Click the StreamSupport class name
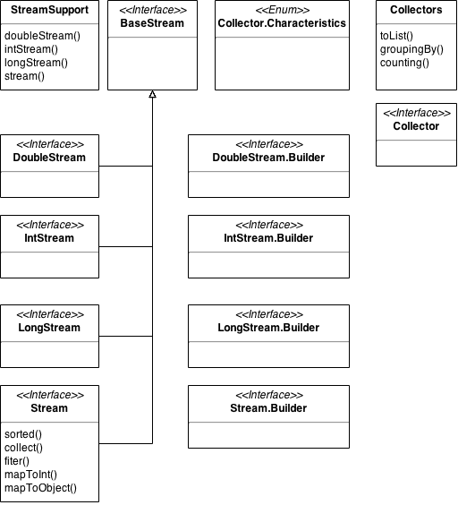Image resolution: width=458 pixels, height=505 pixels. pos(49,10)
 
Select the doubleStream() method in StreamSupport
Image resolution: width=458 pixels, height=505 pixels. pos(42,36)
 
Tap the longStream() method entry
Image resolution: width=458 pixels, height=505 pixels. pos(36,63)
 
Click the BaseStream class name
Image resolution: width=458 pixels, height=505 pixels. pos(152,23)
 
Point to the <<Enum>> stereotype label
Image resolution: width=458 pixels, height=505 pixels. pos(283,10)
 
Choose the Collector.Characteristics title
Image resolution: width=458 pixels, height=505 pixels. pos(282,23)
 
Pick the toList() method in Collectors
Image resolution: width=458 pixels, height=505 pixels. pos(396,36)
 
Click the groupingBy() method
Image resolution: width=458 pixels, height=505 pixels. pos(411,49)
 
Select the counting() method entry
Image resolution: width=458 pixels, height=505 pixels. pos(404,63)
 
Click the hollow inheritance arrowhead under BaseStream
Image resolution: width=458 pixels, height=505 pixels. pos(153,94)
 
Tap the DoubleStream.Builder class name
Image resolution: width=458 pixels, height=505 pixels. pos(268,158)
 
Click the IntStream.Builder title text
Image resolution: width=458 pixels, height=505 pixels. pos(268,238)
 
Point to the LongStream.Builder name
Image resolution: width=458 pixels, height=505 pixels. pos(268,328)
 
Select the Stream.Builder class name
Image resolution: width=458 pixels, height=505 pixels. pos(268,408)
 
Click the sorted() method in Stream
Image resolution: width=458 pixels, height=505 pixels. pos(23,434)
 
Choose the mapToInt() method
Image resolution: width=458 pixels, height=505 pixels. pos(31,475)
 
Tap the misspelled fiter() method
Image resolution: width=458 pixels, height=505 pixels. pos(17,461)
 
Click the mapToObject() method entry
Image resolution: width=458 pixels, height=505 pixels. pos(40,488)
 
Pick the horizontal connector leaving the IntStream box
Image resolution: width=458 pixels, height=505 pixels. pos(126,247)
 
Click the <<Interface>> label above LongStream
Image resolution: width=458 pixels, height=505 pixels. pos(50,314)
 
